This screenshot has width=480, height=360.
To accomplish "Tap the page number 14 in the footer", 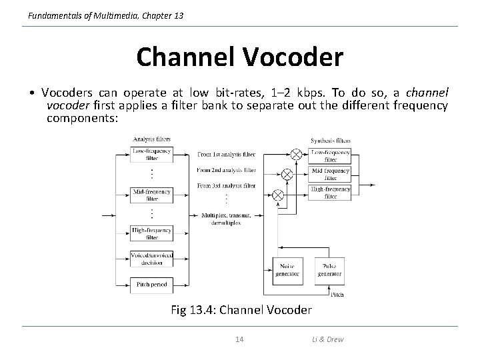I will (239, 339).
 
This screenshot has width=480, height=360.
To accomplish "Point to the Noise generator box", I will (287, 269).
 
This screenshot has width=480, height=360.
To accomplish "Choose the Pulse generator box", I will (330, 269).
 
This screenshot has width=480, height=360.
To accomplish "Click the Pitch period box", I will (152, 285).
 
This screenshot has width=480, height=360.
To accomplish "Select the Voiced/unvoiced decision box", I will (152, 259).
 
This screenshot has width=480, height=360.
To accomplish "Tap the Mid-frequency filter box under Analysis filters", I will (152, 195).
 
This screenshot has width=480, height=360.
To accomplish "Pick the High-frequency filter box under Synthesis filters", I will (331, 193).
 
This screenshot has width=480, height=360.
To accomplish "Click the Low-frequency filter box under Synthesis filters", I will (331, 156).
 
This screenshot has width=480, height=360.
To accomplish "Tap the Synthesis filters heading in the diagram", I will (331, 141).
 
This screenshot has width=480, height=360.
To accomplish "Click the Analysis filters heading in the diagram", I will (151, 139).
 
